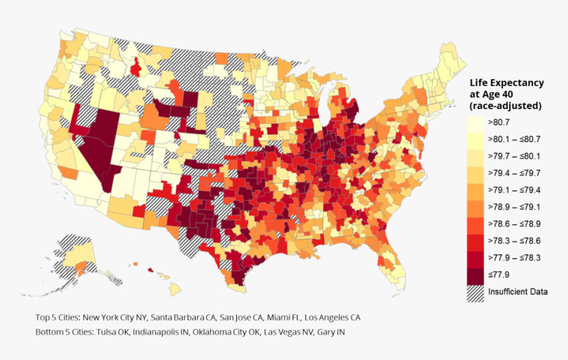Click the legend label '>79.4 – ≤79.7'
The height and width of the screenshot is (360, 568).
pos(514,173)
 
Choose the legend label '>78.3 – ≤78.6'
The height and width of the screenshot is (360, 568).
pos(514,240)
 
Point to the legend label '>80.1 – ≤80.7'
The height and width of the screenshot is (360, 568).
pos(514,139)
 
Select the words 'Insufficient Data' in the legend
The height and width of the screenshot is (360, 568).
pos(518,291)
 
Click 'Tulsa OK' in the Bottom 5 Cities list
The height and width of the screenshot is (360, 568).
pos(112,332)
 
